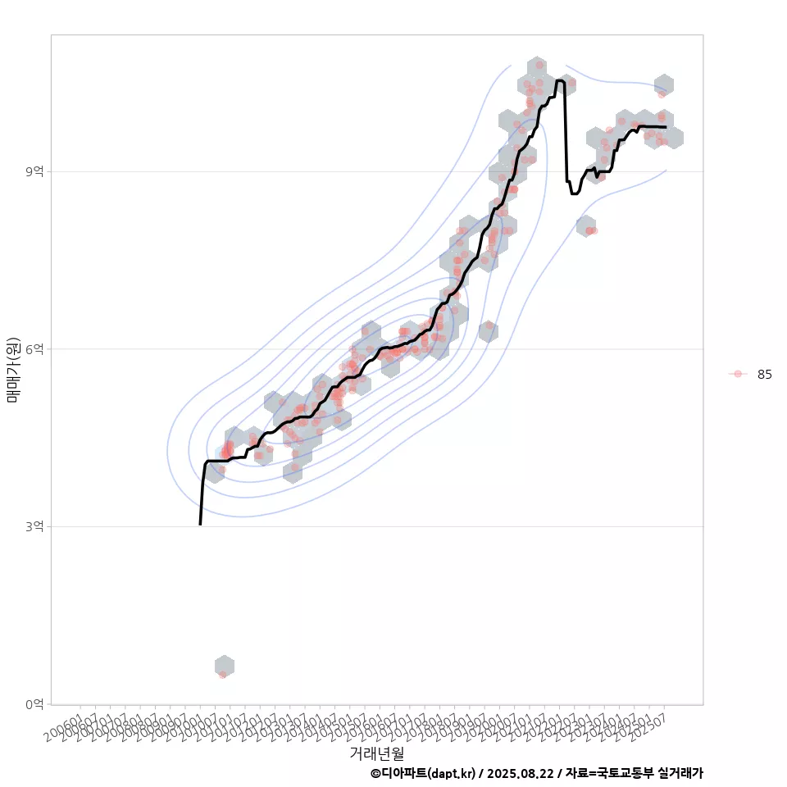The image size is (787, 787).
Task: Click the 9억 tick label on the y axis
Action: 36,171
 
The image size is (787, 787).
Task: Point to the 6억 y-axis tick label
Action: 36,348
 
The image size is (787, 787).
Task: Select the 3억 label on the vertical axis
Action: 36,526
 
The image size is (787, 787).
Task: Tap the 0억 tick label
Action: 36,704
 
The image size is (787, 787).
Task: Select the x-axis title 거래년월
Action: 376,753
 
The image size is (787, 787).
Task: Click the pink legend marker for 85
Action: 738,374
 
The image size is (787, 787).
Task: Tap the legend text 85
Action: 764,375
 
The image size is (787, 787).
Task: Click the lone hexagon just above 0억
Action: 225,666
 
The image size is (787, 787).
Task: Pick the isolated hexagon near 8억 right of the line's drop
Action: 585,226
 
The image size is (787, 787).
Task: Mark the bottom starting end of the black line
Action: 200,523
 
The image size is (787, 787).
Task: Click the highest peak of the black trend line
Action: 559,80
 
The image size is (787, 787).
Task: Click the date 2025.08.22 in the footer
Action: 516,773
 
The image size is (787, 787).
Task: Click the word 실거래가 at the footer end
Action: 680,773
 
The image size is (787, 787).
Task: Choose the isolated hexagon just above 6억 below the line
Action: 488,331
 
